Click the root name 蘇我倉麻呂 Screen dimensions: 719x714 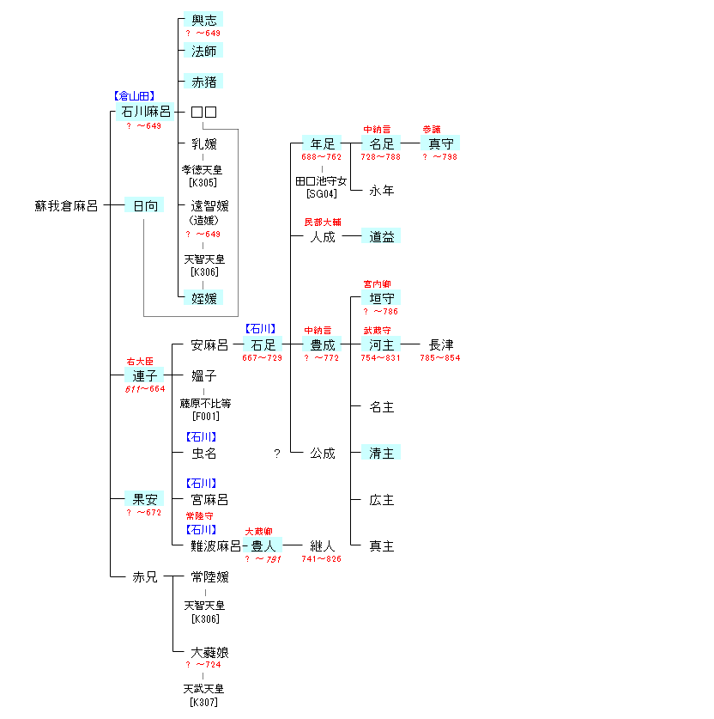[x=66, y=206]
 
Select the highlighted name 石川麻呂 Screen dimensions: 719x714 [x=146, y=112]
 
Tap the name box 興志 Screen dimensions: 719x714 [x=203, y=19]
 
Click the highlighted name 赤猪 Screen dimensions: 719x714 [x=203, y=82]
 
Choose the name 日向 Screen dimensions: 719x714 [x=144, y=206]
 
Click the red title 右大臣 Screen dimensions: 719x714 [x=142, y=362]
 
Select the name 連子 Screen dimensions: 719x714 [x=144, y=375]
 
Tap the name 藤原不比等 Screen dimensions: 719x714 [x=205, y=403]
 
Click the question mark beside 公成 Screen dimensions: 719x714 [x=276, y=454]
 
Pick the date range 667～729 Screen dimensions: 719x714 [x=262, y=358]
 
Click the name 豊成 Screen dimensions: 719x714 [x=322, y=344]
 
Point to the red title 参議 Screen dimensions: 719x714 [x=432, y=130]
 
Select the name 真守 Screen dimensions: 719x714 [x=441, y=143]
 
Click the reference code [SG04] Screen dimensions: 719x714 [x=322, y=194]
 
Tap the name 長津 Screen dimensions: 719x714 [x=441, y=344]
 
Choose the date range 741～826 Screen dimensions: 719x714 [x=321, y=559]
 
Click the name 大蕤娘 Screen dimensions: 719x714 [x=209, y=653]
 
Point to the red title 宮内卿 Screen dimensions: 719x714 [x=377, y=284]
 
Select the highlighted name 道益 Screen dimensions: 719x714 [x=382, y=236]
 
